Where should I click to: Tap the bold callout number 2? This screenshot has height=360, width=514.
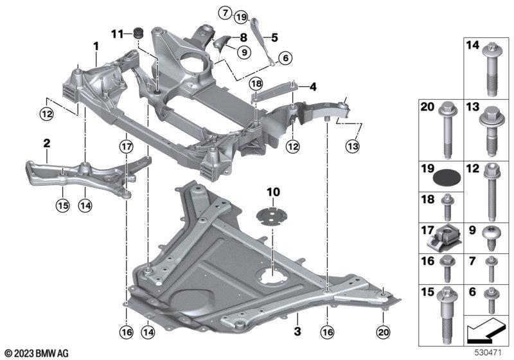[x=46, y=143]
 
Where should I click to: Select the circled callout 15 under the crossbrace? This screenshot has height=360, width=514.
[x=62, y=206]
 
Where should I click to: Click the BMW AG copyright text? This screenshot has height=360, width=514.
[x=35, y=353]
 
